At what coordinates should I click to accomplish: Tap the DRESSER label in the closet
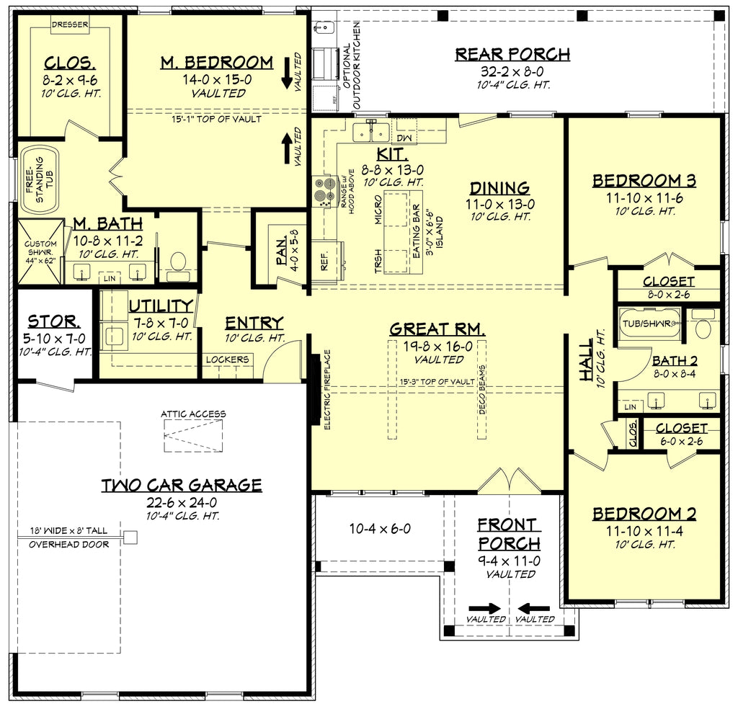click(70, 24)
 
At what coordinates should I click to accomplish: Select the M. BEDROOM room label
click(216, 63)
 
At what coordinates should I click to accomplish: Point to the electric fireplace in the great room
click(316, 389)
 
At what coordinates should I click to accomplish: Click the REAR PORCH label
click(512, 54)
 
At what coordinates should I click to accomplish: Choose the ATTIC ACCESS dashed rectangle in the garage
click(192, 435)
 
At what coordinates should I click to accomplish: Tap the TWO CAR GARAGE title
click(181, 485)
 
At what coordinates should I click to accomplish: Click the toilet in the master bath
click(178, 262)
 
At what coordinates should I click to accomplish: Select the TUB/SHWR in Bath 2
click(647, 324)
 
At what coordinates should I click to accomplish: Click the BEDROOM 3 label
click(644, 181)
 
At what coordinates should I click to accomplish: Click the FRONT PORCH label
click(508, 534)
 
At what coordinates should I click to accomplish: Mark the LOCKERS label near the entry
click(227, 360)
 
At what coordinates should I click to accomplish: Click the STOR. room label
click(53, 321)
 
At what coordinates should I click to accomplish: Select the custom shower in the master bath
click(40, 252)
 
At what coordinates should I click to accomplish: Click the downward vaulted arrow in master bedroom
click(287, 71)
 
